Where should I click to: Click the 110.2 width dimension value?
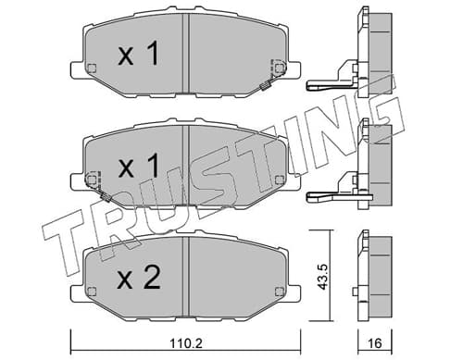[x=186, y=343]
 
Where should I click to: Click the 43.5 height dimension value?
[x=323, y=277]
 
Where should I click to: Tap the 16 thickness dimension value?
[x=375, y=343]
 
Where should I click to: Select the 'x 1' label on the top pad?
[x=139, y=55]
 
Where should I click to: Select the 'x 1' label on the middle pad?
[x=139, y=167]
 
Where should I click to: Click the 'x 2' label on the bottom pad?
[x=139, y=278]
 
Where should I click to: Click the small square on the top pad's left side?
[x=92, y=68]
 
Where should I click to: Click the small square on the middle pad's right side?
[x=279, y=180]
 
